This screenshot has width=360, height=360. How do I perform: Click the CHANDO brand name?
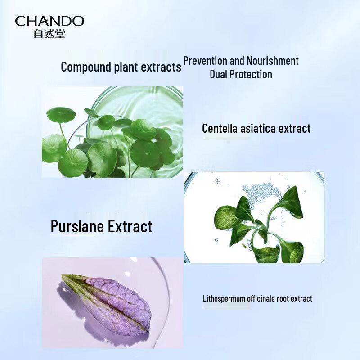(49, 21)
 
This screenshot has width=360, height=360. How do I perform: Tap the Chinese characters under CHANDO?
(49, 34)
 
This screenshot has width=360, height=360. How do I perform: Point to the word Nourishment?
(272, 61)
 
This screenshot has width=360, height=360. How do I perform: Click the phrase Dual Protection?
(241, 74)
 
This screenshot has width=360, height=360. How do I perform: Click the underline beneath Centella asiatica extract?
(225, 138)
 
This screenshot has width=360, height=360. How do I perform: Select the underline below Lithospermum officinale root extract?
(225, 308)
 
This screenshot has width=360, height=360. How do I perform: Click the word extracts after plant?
(161, 67)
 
